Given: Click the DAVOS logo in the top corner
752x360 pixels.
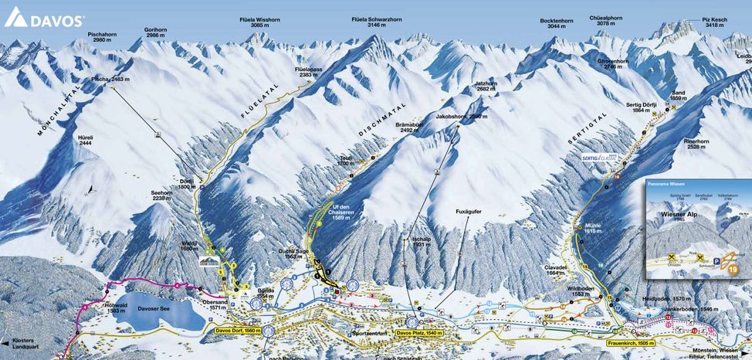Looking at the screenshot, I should coord(44,19).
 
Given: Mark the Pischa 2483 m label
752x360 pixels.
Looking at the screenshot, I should coord(110,80).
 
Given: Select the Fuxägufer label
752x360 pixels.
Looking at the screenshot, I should coord(469,211).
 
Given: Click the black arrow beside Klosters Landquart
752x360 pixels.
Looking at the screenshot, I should coord(5,342).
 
